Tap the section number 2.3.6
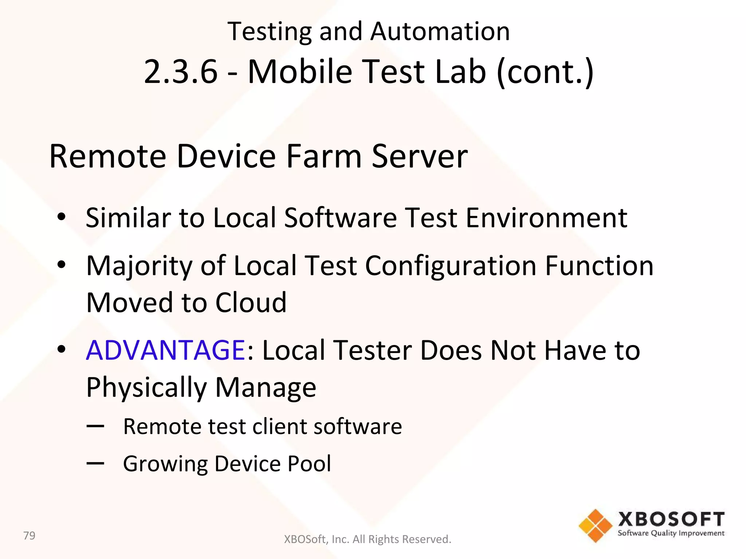[x=181, y=71]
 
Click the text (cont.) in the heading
[x=545, y=72]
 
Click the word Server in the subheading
[x=420, y=156]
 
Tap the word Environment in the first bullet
[x=546, y=218]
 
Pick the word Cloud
[x=251, y=303]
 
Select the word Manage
[x=266, y=388]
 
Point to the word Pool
[x=309, y=464]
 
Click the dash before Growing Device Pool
[x=95, y=463]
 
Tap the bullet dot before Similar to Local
[x=61, y=217]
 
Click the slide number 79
[x=29, y=536]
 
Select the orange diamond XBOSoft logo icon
[x=595, y=526]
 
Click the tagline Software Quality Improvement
[x=671, y=534]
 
